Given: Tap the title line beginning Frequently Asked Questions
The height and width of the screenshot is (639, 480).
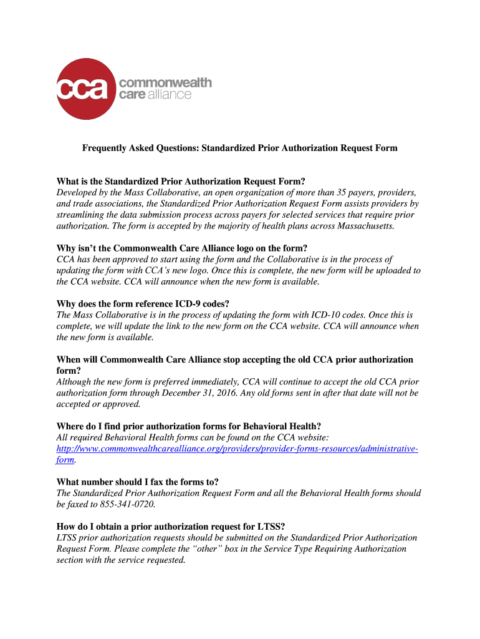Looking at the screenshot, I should [240, 149].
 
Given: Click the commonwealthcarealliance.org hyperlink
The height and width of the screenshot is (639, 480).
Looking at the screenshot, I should [237, 449].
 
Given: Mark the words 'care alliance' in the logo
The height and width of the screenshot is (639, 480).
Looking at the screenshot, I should [155, 95].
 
